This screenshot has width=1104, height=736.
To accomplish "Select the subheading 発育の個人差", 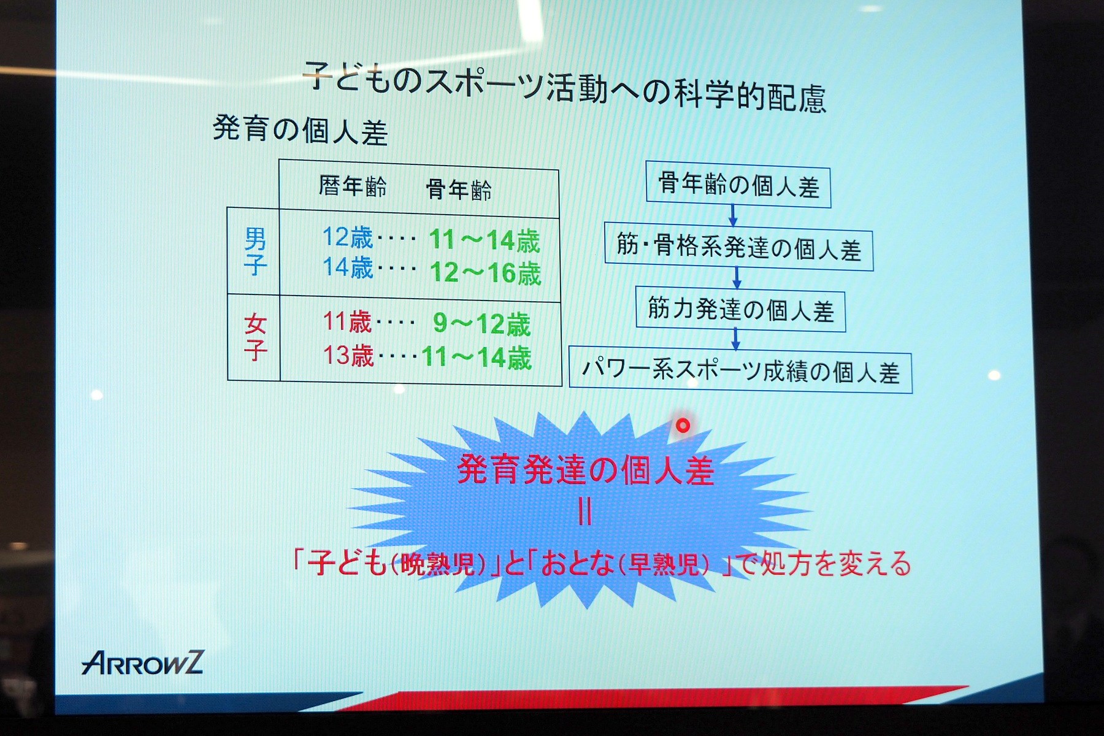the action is (300, 129).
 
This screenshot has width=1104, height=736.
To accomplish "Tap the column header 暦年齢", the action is (353, 186).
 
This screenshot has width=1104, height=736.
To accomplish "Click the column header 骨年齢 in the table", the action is (459, 190).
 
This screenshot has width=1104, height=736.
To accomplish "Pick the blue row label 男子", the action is (255, 251).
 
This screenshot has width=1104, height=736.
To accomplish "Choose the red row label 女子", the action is (255, 337).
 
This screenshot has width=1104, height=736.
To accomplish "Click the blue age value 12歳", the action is (347, 237).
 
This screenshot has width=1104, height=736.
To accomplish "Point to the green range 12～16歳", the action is (485, 273).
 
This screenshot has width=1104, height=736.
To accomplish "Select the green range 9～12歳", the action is (481, 324).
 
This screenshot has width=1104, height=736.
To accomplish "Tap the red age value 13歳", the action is (348, 355).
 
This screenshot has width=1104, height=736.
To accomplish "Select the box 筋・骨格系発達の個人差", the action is (738, 247).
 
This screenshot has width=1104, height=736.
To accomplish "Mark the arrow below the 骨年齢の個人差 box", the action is (732, 215).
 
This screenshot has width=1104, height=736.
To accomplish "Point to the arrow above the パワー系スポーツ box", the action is (736, 339).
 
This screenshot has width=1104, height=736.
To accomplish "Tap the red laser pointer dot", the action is (683, 425).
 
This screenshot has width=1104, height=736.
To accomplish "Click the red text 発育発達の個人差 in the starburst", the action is (586, 470).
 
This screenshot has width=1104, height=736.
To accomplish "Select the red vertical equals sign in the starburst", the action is (585, 512).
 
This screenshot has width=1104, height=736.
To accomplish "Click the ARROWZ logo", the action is (142, 662).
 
